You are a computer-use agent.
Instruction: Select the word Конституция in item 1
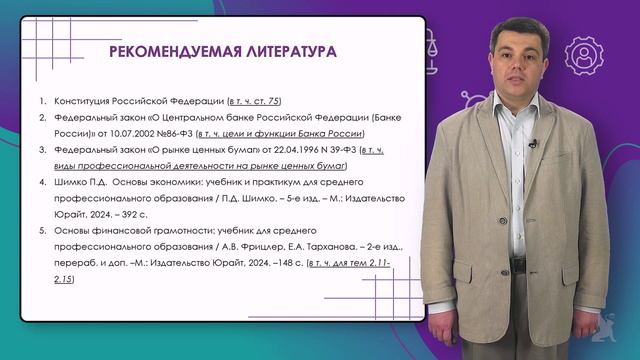(x=85, y=102)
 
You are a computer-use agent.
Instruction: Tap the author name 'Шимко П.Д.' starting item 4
(x=81, y=183)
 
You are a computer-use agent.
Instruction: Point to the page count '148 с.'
(x=283, y=263)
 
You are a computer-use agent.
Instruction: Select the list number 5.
(x=42, y=232)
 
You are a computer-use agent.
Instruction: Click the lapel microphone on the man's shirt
(x=533, y=144)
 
